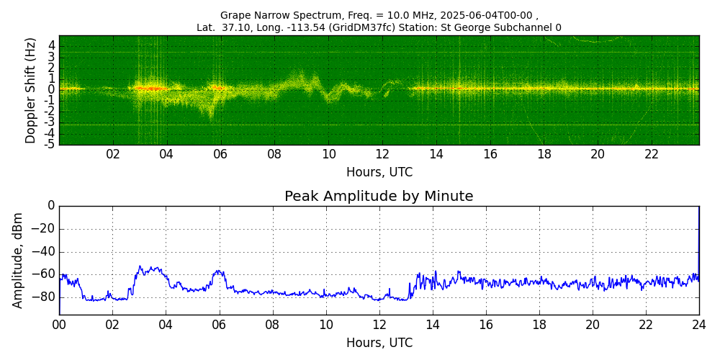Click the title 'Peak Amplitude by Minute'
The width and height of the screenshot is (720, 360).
point(379,197)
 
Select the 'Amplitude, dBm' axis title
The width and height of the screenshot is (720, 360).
point(17,261)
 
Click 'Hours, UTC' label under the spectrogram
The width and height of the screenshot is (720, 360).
point(379,173)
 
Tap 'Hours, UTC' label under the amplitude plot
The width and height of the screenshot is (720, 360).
point(379,343)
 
